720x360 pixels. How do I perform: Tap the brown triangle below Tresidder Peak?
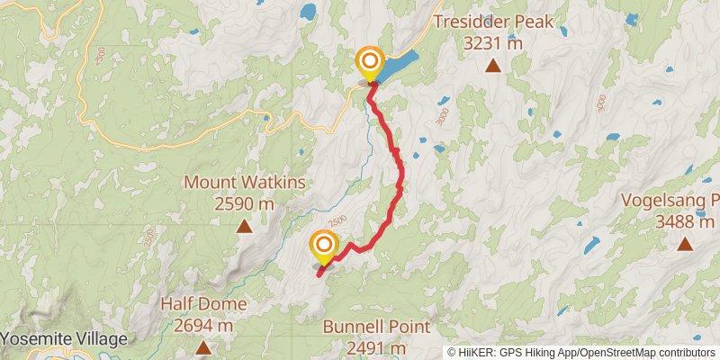(492, 65)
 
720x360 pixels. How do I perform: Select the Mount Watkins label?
(245, 183)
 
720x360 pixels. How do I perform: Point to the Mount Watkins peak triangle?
(244, 226)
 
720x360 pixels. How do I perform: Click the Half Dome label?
(203, 304)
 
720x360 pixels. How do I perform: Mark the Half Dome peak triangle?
(203, 346)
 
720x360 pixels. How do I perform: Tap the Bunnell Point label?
(377, 327)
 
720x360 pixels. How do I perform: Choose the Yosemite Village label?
(64, 339)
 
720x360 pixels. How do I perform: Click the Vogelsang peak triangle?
(685, 243)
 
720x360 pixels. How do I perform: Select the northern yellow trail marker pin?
(370, 63)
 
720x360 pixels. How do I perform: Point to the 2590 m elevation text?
(245, 203)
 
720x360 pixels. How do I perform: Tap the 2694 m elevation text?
(203, 325)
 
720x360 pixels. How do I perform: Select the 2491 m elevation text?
(377, 347)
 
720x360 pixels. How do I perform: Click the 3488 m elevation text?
(686, 221)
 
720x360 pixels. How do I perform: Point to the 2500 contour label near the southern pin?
(337, 221)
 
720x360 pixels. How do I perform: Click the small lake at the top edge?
(309, 13)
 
